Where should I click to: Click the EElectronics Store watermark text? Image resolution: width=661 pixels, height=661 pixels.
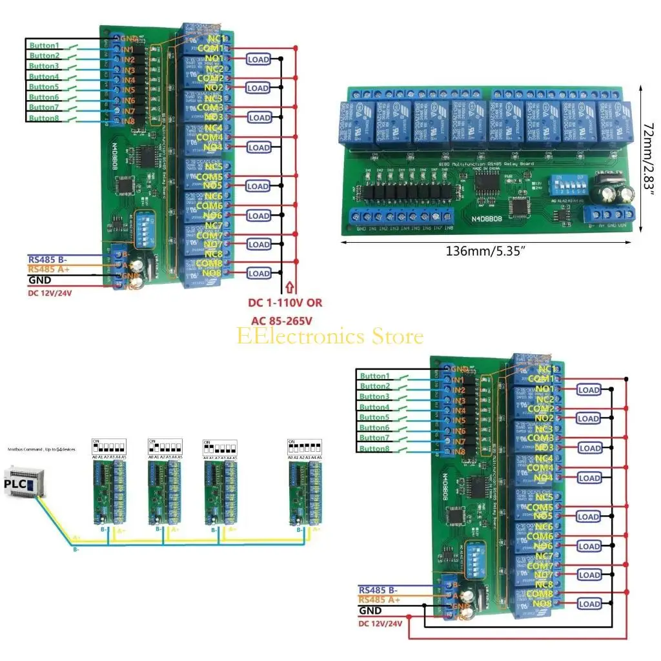coord(330,336)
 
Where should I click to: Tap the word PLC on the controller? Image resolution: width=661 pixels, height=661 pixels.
coord(17,483)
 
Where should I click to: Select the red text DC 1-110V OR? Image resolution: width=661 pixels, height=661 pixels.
coord(285,302)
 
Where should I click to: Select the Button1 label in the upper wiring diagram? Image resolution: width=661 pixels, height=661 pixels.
coord(45,45)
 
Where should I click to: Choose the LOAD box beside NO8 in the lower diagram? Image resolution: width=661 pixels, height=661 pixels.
coord(589,604)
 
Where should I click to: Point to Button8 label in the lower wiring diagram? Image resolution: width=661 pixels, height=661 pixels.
coord(375,449)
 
